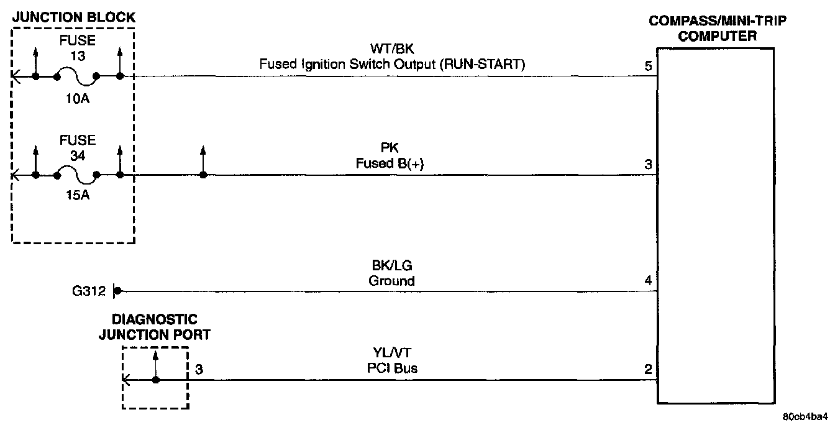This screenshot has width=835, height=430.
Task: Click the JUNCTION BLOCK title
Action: tap(73, 17)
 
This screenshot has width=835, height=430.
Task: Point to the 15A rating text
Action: tap(78, 197)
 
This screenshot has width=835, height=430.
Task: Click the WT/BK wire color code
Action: tap(392, 49)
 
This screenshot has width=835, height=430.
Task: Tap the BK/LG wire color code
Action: tap(391, 266)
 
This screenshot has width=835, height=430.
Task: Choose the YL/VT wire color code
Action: tap(391, 354)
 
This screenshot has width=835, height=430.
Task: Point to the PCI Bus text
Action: tap(391, 368)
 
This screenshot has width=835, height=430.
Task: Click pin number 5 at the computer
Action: tap(648, 66)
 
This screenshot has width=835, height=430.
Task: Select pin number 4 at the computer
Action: tap(648, 281)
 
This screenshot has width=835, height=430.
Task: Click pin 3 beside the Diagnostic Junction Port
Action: tap(199, 369)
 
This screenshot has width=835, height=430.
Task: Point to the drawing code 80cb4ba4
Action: tap(805, 416)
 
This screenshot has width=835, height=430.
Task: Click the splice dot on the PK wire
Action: tap(203, 175)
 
